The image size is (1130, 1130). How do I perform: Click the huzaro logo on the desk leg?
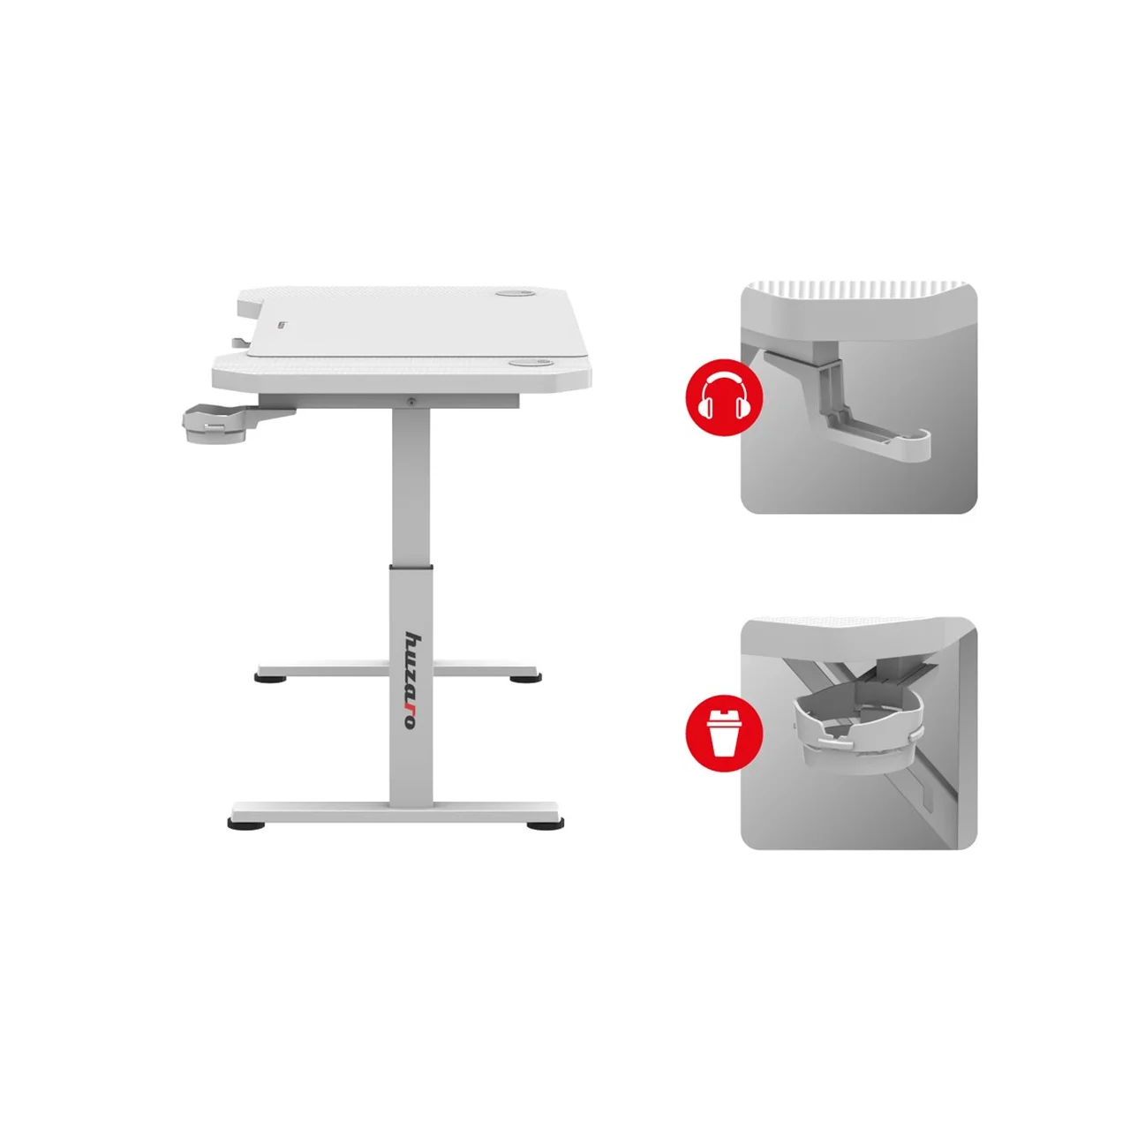pyautogui.click(x=411, y=682)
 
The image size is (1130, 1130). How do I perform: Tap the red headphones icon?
pyautogui.click(x=724, y=397)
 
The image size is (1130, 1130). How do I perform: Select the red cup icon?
pyautogui.click(x=724, y=733)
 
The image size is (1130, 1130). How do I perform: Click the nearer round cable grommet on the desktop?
pyautogui.click(x=528, y=364)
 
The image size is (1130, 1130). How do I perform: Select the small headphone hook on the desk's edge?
pyautogui.click(x=240, y=342)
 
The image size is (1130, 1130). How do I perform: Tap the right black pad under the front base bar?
pyautogui.click(x=546, y=825)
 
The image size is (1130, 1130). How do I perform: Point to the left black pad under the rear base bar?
pyautogui.click(x=270, y=679)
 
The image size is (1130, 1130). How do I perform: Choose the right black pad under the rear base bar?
pyautogui.click(x=525, y=679)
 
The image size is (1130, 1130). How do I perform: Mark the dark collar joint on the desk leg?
pyautogui.click(x=411, y=567)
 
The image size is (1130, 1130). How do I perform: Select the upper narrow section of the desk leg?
pyautogui.click(x=411, y=486)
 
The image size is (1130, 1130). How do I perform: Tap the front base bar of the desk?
pyautogui.click(x=395, y=810)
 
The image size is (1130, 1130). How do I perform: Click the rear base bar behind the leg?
pyautogui.click(x=396, y=669)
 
